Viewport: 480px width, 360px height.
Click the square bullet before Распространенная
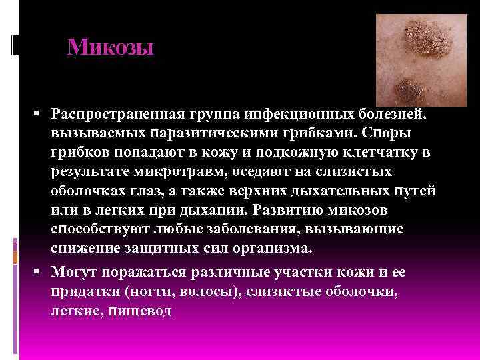41,114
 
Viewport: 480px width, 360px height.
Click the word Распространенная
113,114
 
